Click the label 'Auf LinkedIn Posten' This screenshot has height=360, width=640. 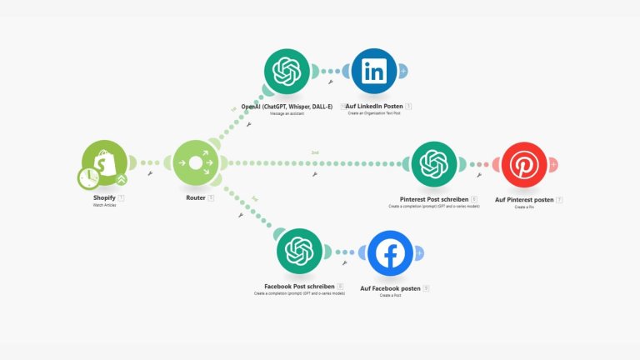click(374, 107)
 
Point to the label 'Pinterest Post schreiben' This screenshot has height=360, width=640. click(428, 200)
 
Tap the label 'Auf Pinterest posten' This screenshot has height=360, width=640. click(524, 200)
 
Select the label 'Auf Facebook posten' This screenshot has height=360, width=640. click(389, 288)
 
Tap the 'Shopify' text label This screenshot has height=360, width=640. click(103, 197)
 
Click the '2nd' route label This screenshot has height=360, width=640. click(315, 153)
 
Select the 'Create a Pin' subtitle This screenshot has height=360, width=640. click(524, 207)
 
